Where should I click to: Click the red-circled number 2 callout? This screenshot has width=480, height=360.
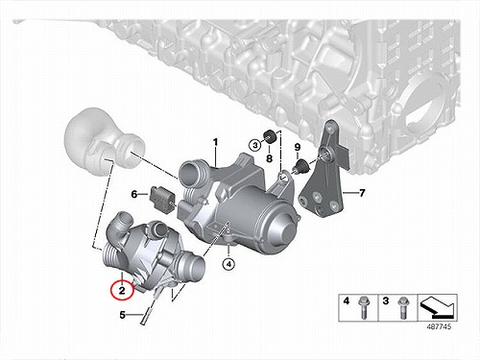122,291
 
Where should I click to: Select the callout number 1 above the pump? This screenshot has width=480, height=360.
216,142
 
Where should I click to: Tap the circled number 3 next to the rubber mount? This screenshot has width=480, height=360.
255,146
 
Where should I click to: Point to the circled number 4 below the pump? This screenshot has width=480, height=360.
228,264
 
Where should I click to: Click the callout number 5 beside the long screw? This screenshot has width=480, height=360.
123,315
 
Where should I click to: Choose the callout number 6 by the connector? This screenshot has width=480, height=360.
134,194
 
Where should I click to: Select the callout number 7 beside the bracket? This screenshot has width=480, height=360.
362,193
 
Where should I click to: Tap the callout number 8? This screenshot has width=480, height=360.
269,158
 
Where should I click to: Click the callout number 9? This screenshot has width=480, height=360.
298,147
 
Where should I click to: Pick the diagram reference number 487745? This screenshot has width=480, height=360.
439,326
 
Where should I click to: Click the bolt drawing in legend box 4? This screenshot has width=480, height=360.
363,308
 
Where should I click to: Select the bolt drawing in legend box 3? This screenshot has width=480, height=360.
402,308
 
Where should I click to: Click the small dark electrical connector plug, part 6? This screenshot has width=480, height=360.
161,199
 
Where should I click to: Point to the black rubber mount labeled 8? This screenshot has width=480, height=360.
270,136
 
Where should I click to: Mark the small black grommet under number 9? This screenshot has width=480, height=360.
300,166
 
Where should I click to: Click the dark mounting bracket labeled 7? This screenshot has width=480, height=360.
324,170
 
